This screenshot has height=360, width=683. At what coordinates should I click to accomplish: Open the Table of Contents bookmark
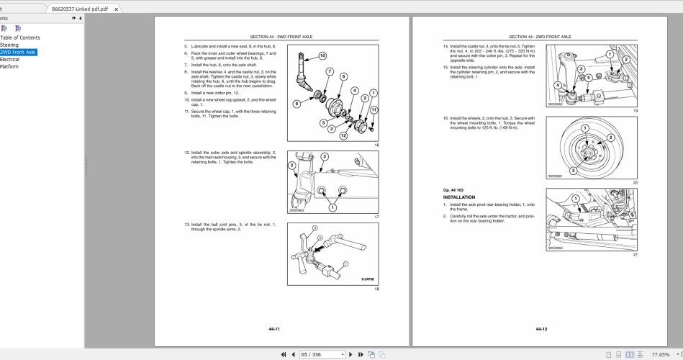pyautogui.click(x=20, y=37)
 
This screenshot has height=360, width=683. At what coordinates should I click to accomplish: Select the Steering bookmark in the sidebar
pyautogui.click(x=9, y=45)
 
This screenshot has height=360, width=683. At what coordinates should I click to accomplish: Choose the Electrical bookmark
pyautogui.click(x=9, y=60)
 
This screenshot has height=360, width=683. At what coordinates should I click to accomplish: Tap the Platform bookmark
pyautogui.click(x=9, y=67)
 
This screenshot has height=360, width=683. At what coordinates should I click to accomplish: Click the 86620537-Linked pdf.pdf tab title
pyautogui.click(x=80, y=9)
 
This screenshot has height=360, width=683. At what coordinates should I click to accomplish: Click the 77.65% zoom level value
pyautogui.click(x=660, y=354)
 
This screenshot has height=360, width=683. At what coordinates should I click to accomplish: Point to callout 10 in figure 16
pyautogui.click(x=322, y=55)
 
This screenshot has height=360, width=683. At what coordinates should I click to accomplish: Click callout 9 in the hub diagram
pyautogui.click(x=296, y=104)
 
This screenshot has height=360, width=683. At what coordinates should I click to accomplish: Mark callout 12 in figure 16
pyautogui.click(x=343, y=135)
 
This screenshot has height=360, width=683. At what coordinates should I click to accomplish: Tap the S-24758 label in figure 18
pyautogui.click(x=368, y=279)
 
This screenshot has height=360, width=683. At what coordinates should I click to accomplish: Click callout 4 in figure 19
pyautogui.click(x=558, y=85)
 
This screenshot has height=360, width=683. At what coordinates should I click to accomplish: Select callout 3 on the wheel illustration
pyautogui.click(x=573, y=171)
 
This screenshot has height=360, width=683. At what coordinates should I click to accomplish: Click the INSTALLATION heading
pyautogui.click(x=459, y=197)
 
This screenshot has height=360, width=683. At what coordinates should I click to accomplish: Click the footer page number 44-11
pyautogui.click(x=273, y=329)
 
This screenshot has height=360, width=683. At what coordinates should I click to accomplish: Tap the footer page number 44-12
pyautogui.click(x=541, y=329)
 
